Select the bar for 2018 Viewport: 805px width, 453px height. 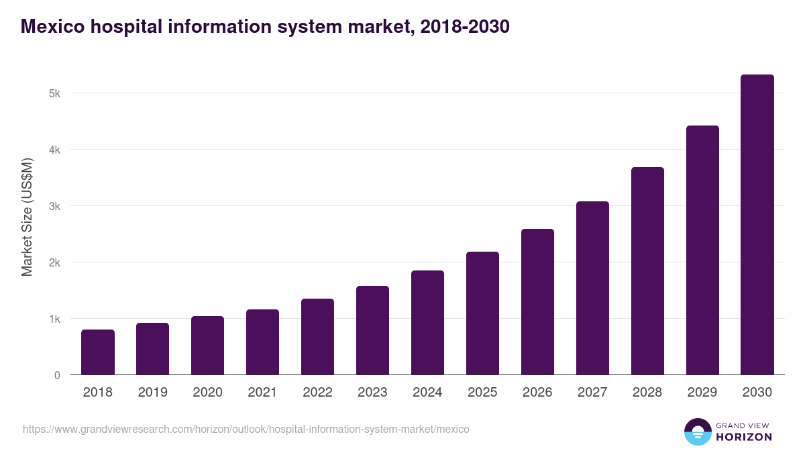[98, 352]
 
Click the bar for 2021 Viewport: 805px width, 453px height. [262, 342]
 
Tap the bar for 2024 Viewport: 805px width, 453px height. [427, 323]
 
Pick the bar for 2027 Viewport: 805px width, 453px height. [592, 288]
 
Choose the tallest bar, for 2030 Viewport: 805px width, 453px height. [757, 225]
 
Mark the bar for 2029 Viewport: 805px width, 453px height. [702, 250]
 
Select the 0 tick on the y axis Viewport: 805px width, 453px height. [57, 375]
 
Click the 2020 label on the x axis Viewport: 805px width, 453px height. [207, 393]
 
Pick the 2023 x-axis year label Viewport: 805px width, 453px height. [372, 393]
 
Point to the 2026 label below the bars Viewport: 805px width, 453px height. [537, 393]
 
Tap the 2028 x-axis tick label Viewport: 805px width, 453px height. [647, 393]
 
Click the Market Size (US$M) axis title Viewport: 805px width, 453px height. [27, 217]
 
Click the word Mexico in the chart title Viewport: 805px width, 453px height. [52, 26]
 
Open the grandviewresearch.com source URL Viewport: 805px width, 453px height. [246, 429]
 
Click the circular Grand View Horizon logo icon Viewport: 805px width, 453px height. [697, 432]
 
